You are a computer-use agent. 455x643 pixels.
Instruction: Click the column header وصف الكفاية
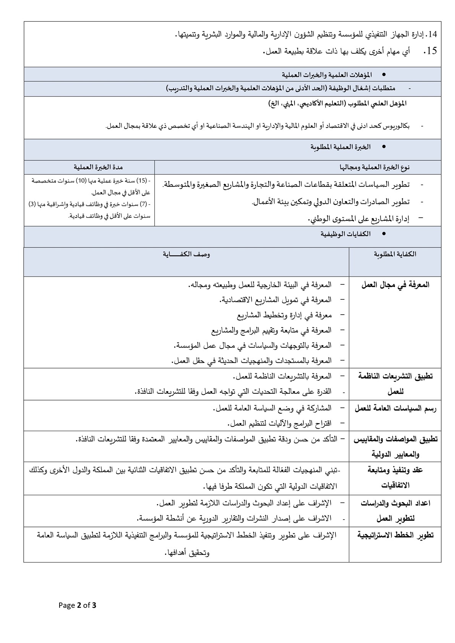point(186,254)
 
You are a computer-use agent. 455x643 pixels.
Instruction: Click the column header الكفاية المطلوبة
point(395,254)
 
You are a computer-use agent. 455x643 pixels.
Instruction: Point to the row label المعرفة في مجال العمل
point(395,285)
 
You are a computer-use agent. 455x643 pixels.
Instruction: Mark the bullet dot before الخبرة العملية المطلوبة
point(384,147)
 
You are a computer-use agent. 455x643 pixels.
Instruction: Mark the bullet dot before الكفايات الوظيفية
point(384,234)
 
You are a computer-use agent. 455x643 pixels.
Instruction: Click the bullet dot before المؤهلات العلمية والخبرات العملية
point(384,74)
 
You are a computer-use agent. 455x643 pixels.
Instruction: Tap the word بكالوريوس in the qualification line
point(397,126)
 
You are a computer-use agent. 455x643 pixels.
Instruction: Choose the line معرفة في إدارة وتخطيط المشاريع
point(284,315)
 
